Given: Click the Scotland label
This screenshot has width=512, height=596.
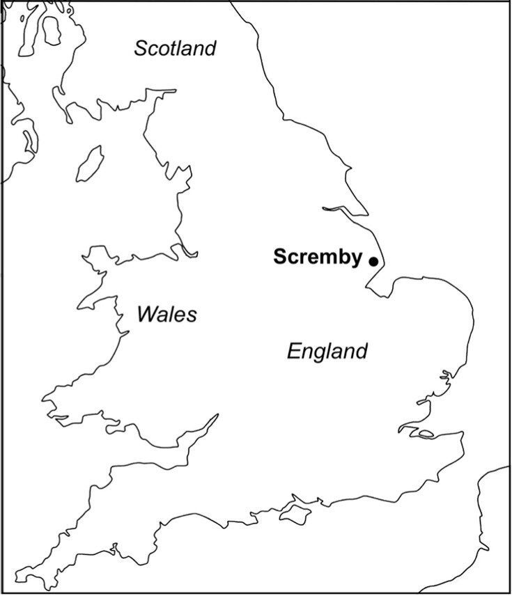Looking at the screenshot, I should point(175,49).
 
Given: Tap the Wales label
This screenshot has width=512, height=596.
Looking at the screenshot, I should point(166,315).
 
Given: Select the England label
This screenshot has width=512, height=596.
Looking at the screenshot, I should point(327,351).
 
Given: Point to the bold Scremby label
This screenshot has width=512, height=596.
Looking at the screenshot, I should point(317,257).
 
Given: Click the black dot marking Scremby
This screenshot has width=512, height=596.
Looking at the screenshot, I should point(373,262).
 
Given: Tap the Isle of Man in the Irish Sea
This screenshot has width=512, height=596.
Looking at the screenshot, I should point(89,162).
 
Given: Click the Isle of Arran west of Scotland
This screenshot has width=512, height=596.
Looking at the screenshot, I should point(50,28).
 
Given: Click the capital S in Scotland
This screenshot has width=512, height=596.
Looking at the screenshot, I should point(141,49).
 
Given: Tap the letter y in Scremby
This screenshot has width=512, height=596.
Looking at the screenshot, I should point(355,259).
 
